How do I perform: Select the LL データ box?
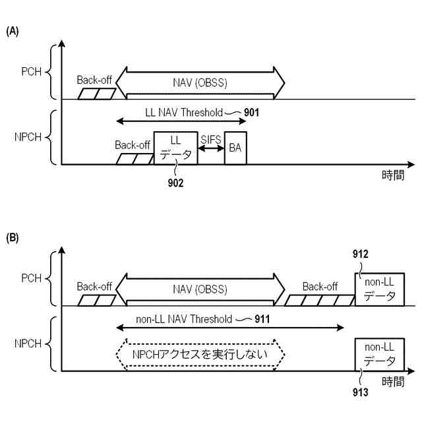pos(175,148)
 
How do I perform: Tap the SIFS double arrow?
pos(210,150)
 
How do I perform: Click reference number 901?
pos(251,112)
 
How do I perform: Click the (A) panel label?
pos(13,32)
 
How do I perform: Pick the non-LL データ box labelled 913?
pos(378,354)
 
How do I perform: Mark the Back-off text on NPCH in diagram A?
pos(133,144)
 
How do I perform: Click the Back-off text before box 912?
pos(320,286)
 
